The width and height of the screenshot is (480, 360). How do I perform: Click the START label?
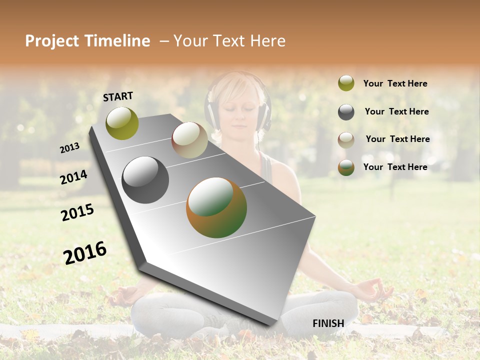click(118, 96)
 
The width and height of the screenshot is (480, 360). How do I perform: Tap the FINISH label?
click(328, 323)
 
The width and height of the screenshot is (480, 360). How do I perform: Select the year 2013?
click(69, 148)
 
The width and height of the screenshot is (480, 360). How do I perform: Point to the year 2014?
click(73, 177)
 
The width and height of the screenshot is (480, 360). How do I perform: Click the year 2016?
click(85, 252)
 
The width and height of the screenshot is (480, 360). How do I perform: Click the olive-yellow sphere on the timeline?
click(122, 123)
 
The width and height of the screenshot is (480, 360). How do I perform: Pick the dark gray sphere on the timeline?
click(145, 180)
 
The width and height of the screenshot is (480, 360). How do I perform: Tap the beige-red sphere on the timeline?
click(189, 140)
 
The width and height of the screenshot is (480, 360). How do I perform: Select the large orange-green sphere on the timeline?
click(216, 207)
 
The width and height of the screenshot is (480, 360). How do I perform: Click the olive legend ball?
click(346, 83)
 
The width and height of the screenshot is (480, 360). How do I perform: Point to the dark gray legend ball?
click(346, 112)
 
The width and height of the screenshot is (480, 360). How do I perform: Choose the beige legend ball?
click(346, 140)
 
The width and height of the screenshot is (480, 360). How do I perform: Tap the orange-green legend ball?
click(346, 167)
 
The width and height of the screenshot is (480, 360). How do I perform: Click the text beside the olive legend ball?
click(395, 83)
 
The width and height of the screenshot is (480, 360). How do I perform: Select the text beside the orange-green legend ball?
click(395, 167)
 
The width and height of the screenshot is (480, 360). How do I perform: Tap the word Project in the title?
click(51, 41)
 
